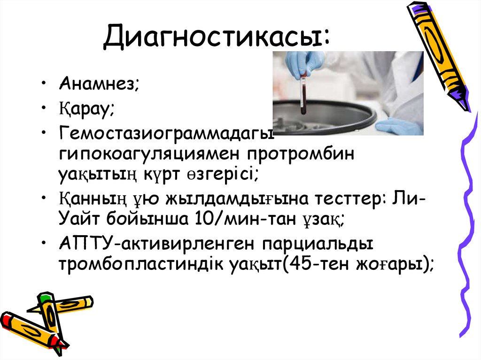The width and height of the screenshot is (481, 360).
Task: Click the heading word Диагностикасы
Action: [x=216, y=37]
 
